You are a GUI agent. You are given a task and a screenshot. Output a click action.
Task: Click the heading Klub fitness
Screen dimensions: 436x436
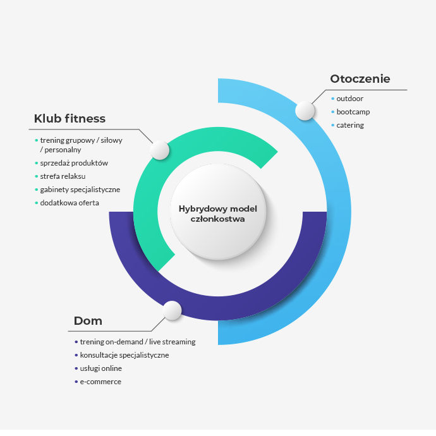click(x=70, y=119)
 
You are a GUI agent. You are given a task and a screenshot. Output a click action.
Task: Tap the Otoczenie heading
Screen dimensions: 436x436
click(x=360, y=79)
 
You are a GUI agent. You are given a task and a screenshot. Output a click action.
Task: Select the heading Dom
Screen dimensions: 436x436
click(x=88, y=321)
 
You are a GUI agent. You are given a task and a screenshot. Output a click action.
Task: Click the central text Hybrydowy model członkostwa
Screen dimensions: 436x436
click(x=218, y=214)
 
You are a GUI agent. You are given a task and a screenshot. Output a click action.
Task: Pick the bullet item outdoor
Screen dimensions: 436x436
click(x=349, y=99)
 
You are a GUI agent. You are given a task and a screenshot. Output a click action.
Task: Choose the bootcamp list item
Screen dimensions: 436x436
click(x=353, y=112)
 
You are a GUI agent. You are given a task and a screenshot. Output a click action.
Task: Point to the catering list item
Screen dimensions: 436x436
click(x=350, y=125)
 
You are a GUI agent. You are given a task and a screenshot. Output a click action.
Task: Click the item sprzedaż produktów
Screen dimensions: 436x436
click(x=74, y=163)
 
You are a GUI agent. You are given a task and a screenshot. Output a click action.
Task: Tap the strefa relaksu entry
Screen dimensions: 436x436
click(x=63, y=176)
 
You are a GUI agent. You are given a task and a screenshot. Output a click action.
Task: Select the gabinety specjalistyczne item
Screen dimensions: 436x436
click(x=80, y=190)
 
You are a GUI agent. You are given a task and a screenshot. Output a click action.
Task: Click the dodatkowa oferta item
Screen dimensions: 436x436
click(x=70, y=203)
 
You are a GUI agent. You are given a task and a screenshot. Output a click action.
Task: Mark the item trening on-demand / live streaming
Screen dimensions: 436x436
click(x=138, y=342)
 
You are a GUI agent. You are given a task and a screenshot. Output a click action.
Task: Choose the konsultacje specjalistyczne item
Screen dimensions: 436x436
click(x=124, y=355)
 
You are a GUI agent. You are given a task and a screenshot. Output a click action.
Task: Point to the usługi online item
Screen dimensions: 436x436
click(x=101, y=368)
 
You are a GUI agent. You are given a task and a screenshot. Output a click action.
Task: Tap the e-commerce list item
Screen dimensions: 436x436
click(x=100, y=382)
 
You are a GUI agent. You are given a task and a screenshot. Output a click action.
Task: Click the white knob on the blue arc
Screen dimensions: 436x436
click(x=305, y=111)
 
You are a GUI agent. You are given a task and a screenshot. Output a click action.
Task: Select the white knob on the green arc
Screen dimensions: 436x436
click(x=160, y=150)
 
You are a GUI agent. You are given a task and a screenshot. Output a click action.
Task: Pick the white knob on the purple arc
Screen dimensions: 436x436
click(x=172, y=310)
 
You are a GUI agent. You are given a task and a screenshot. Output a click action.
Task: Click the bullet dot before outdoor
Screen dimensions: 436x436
click(x=332, y=99)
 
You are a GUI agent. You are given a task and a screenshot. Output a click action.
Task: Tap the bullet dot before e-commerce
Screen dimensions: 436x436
click(x=76, y=382)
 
